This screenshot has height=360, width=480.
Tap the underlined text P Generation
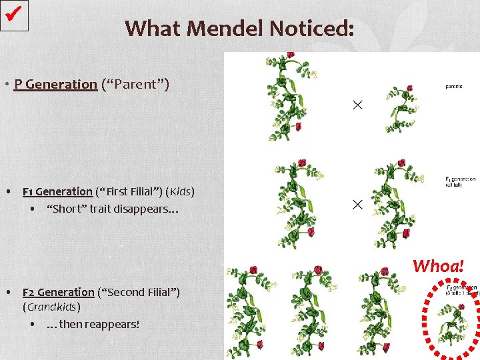pyautogui.click(x=55, y=85)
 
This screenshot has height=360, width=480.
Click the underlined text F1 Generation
pyautogui.click(x=57, y=192)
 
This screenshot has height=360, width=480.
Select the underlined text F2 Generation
pyautogui.click(x=59, y=292)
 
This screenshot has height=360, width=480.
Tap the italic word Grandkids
pyautogui.click(x=51, y=307)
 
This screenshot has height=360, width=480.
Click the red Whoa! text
pyautogui.click(x=438, y=266)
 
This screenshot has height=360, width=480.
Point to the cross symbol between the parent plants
pyautogui.click(x=357, y=105)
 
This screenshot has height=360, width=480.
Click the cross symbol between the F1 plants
pyautogui.click(x=357, y=204)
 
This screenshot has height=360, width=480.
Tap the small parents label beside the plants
pyautogui.click(x=454, y=86)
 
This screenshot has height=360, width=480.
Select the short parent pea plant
pyautogui.click(x=400, y=110)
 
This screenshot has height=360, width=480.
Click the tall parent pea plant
pyautogui.click(x=285, y=97)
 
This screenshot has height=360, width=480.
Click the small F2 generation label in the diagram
pyautogui.click(x=460, y=290)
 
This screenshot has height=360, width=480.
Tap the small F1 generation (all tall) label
pyautogui.click(x=459, y=181)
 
